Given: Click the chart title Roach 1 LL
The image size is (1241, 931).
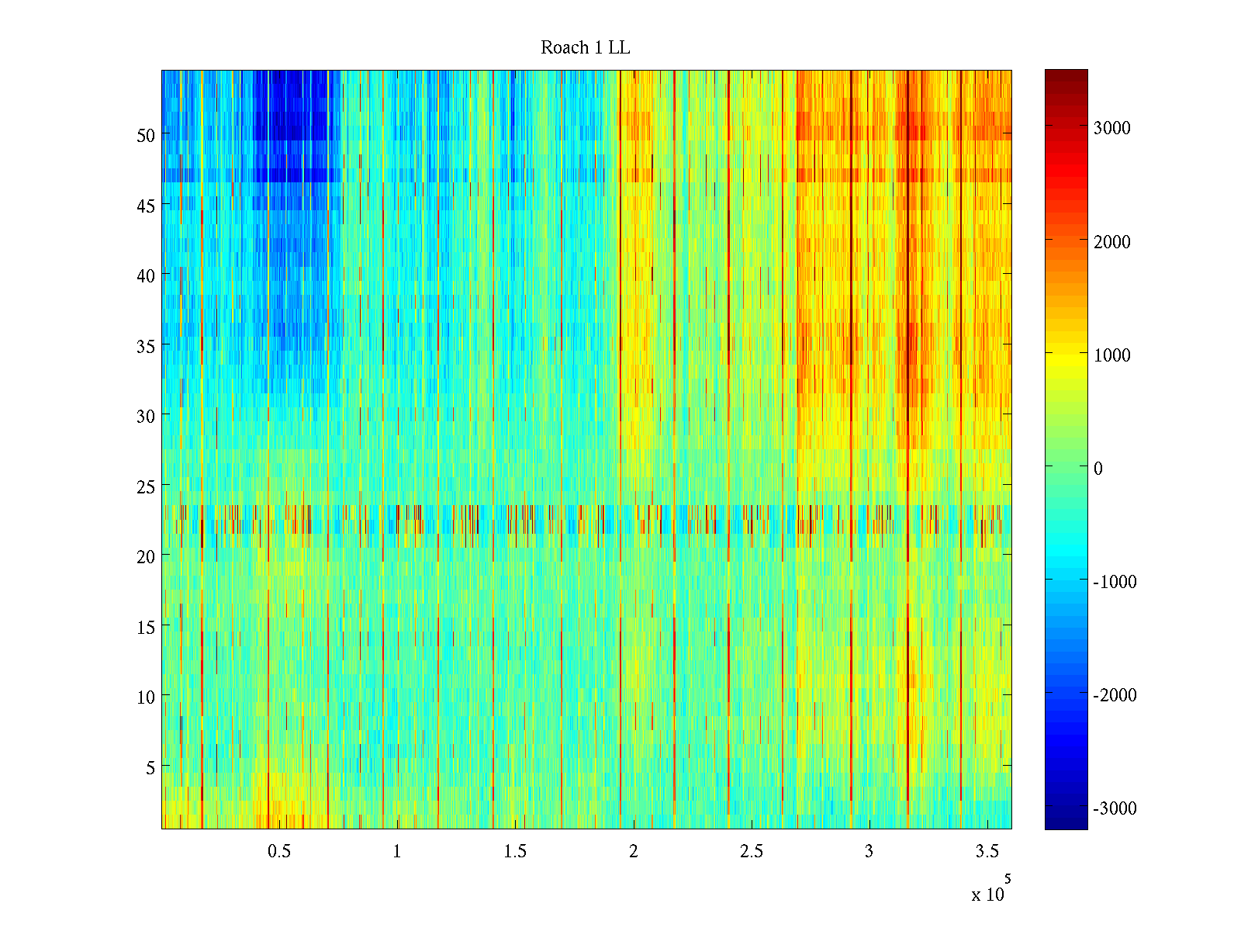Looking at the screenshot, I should tap(585, 48).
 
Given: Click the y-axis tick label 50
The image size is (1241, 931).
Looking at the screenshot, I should tap(146, 135).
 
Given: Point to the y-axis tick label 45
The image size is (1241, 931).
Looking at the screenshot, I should tap(146, 206).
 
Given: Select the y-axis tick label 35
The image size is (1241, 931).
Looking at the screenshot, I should tap(146, 346).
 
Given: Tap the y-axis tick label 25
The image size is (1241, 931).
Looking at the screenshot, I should tap(146, 486).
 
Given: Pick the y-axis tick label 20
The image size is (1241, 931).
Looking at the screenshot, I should tap(146, 556).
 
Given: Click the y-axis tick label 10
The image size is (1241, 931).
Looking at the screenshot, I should tap(146, 697).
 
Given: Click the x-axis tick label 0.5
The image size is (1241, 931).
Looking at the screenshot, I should tap(279, 852).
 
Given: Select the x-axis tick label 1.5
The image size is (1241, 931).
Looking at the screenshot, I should tap(515, 852).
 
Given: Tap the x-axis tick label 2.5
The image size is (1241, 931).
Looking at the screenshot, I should tap(751, 852).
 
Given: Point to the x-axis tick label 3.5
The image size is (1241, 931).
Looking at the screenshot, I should tap(987, 852).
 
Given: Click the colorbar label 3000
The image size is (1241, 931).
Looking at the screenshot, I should tap(1111, 129).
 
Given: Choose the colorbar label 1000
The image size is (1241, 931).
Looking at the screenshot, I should tap(1111, 355).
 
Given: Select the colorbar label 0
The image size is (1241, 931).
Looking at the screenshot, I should tap(1098, 469).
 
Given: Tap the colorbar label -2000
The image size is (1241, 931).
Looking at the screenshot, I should tap(1115, 695).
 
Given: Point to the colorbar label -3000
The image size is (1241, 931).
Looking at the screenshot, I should tap(1115, 808).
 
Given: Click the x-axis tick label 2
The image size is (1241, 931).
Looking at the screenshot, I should tap(633, 852).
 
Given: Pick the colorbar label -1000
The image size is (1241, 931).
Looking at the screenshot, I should tap(1115, 582).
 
